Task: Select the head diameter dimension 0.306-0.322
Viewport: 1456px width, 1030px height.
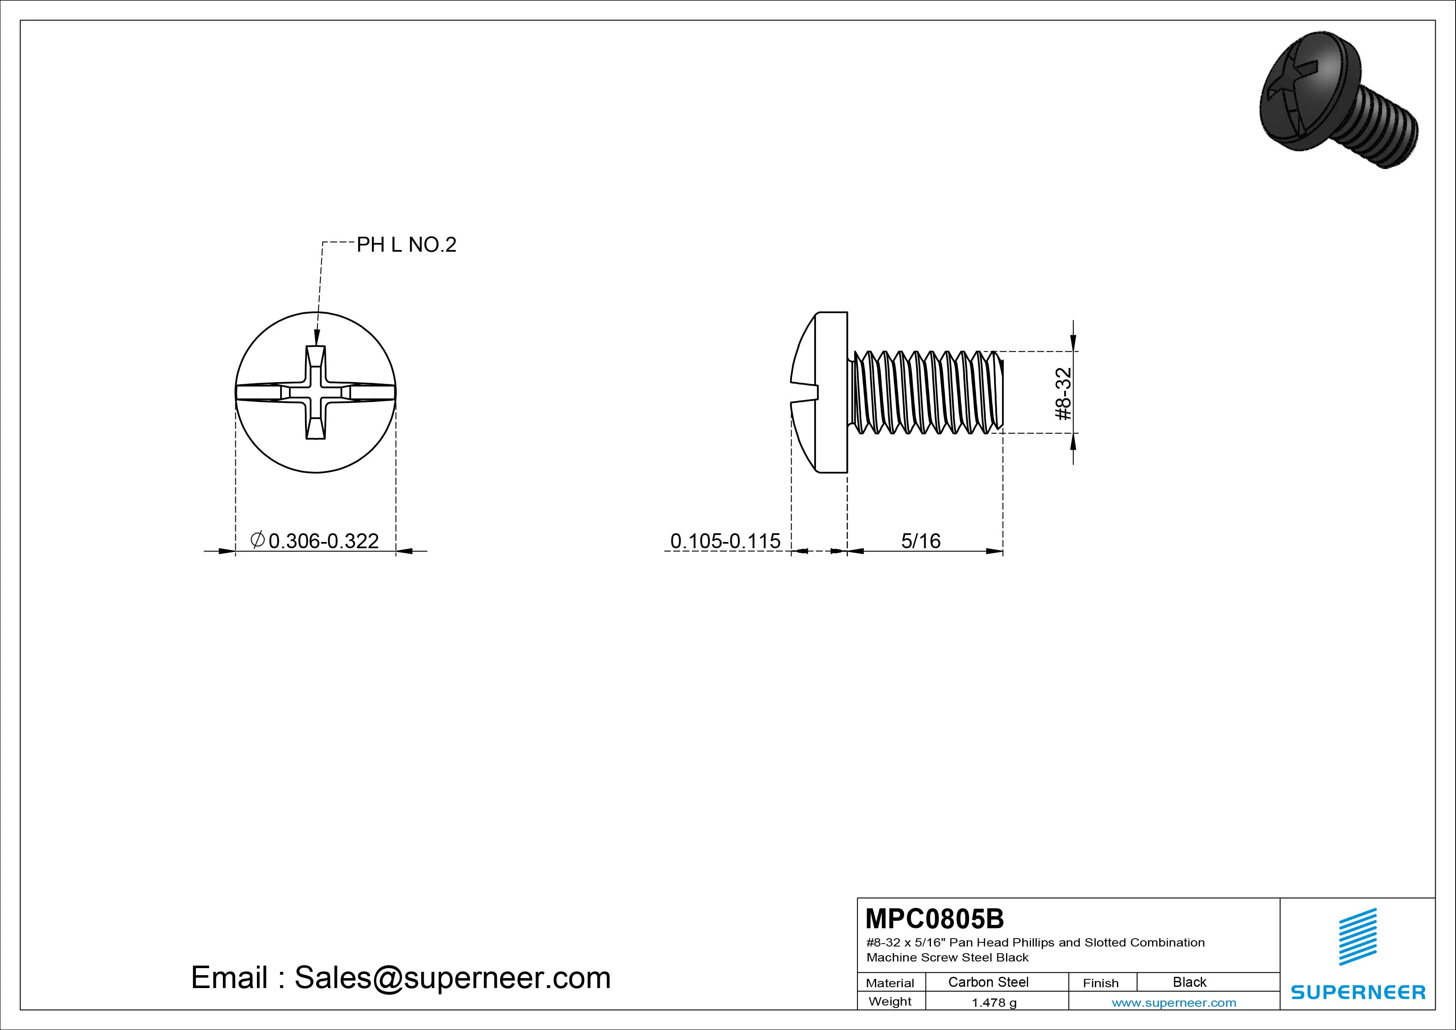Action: (315, 541)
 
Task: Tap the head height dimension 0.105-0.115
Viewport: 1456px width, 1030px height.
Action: (726, 541)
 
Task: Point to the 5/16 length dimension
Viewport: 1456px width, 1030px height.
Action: (921, 541)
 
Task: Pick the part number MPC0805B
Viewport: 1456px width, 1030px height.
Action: (935, 918)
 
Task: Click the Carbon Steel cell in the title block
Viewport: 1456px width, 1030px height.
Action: (988, 982)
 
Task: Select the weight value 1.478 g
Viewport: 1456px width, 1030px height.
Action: (994, 1003)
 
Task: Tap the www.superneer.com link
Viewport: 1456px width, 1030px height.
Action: (1174, 1003)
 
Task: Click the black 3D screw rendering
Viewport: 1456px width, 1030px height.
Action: (1338, 100)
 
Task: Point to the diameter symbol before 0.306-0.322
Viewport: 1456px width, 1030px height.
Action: (257, 540)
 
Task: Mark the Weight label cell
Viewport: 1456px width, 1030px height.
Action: (890, 1001)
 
